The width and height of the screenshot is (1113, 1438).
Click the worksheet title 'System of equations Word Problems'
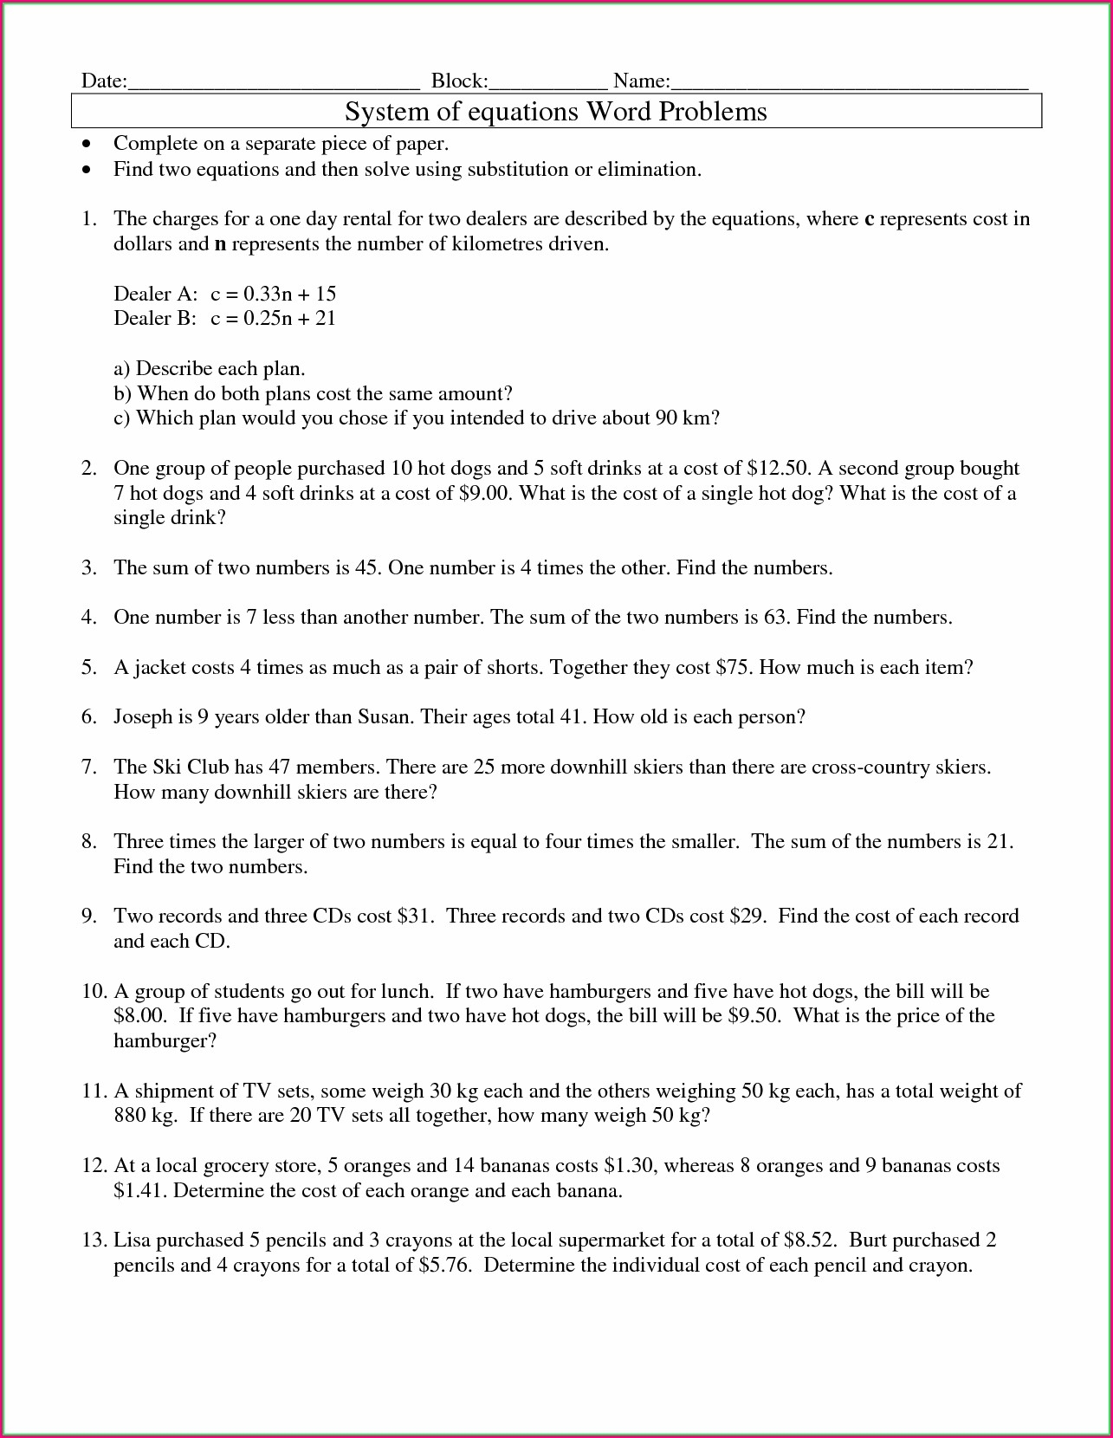pos(556,112)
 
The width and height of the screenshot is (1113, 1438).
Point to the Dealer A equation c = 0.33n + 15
pos(273,294)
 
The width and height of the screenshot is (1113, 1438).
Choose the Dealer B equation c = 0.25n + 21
pos(273,319)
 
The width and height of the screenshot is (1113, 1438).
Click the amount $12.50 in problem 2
pos(777,469)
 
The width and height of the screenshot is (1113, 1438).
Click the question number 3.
pos(89,568)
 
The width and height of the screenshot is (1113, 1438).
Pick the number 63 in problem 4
pos(775,618)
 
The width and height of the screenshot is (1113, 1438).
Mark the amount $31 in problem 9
pos(415,917)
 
